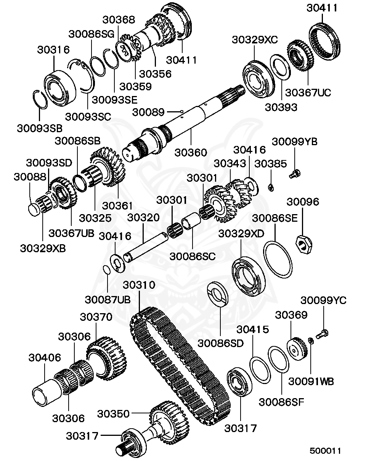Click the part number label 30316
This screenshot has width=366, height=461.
53,50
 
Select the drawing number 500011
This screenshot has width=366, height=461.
325,451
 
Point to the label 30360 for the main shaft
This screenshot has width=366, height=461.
190,152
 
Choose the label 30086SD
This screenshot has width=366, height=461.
220,343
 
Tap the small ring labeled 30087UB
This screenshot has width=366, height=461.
108,270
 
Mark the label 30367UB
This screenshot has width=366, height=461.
71,233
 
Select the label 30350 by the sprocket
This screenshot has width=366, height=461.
113,414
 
